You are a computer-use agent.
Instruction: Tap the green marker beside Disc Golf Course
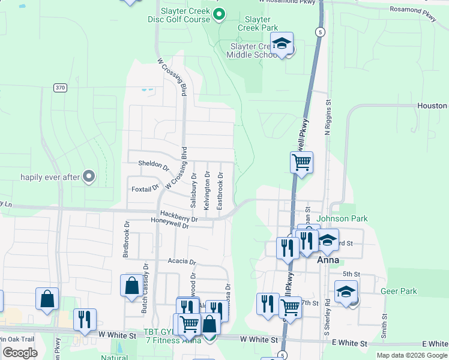coord(219,13)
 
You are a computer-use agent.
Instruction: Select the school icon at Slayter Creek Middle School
coord(282,43)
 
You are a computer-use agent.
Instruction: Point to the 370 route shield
coord(59,88)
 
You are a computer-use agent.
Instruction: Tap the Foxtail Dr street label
coord(145,189)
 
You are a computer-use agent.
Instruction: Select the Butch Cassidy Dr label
coord(145,281)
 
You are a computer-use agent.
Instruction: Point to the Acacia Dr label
coord(182,262)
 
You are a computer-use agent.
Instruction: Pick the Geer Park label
coord(399,291)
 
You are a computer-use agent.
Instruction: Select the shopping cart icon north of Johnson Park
coord(301,161)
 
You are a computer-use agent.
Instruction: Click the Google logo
coord(20,352)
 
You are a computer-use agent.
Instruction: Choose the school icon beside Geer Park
coord(346,292)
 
